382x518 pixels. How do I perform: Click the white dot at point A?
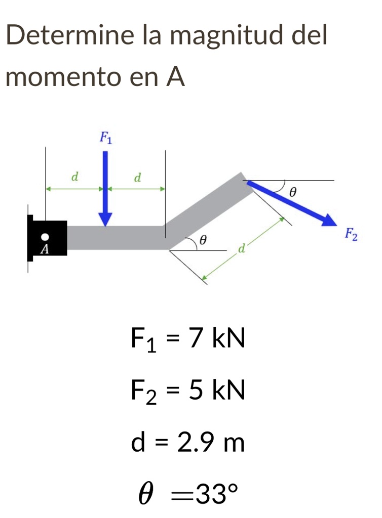[45, 237]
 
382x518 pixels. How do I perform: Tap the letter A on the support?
[45, 249]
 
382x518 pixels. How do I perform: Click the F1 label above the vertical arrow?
[106, 138]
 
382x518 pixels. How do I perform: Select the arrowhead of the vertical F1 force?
[105, 220]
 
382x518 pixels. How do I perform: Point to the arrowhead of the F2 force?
[329, 220]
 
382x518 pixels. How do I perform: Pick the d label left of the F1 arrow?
[75, 177]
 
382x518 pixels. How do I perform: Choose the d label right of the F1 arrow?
[138, 178]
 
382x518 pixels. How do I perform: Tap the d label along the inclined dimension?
[242, 248]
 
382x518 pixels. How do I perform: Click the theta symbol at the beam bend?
[203, 240]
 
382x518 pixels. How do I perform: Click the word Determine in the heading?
[70, 35]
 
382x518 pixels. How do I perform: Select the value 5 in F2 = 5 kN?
[196, 390]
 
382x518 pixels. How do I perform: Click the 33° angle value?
[217, 493]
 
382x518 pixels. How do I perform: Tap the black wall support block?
[47, 238]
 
